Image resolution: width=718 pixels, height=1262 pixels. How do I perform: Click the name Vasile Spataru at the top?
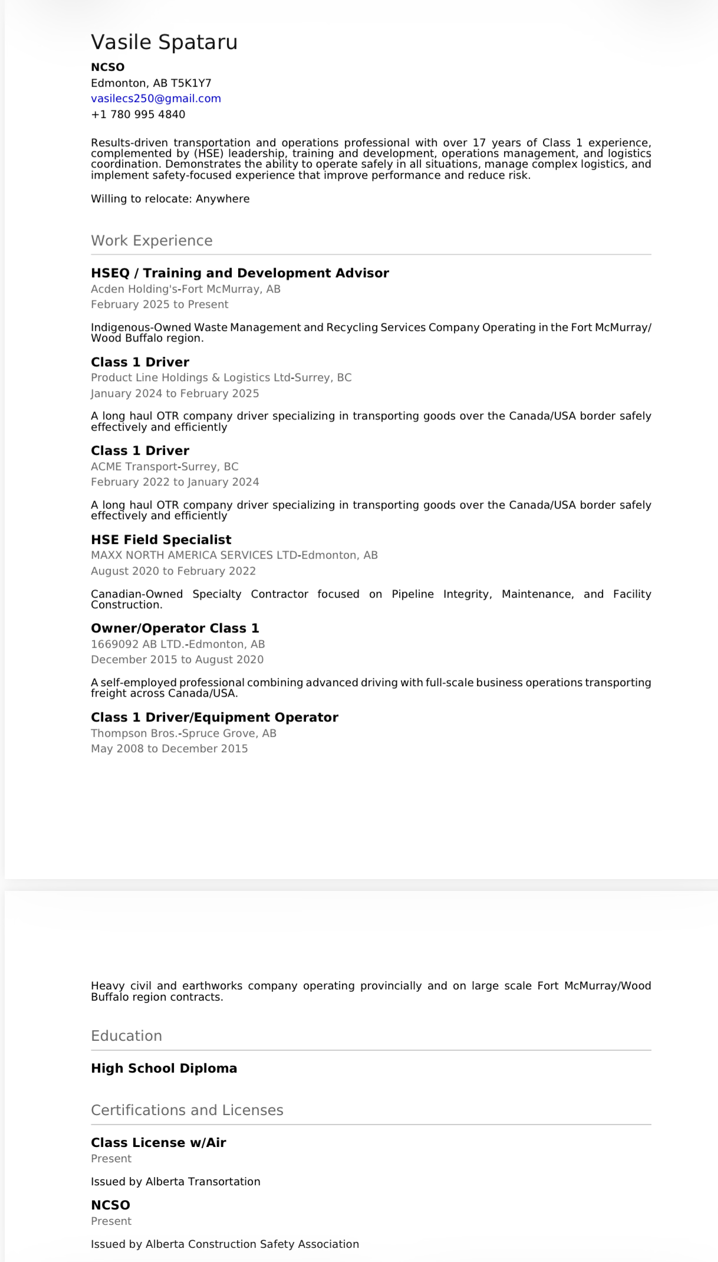[164, 42]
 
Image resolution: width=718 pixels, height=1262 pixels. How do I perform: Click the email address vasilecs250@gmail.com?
[156, 99]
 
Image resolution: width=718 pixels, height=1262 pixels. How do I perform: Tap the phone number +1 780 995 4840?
[138, 114]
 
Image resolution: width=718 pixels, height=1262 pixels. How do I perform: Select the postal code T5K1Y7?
[191, 83]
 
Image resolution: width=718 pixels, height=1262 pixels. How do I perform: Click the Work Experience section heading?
[151, 241]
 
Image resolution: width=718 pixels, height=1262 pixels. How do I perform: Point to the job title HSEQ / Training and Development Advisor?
[240, 273]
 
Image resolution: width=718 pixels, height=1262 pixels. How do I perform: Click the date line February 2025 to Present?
[160, 304]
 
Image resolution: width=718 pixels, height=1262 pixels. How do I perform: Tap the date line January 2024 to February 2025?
[174, 394]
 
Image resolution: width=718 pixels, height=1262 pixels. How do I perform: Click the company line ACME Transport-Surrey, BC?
[164, 467]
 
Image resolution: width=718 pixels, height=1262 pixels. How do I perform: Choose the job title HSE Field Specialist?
[161, 540]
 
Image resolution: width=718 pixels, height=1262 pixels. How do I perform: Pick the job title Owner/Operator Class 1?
[175, 628]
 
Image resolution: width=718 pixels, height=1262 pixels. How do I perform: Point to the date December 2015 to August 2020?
[177, 660]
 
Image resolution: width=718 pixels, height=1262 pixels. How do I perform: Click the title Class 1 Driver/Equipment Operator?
[215, 717]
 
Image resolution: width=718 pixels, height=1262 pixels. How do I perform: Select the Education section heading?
[126, 1036]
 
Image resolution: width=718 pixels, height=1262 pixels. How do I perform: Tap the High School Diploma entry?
[164, 1068]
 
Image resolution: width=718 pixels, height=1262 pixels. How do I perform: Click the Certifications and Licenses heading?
[187, 1110]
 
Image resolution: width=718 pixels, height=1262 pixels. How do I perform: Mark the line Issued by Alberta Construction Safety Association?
[225, 1244]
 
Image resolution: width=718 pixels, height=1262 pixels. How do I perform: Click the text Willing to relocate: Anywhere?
[170, 199]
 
